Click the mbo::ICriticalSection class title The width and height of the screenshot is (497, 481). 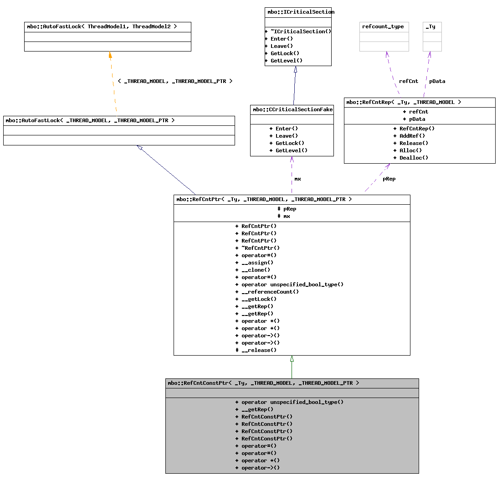pos(298,12)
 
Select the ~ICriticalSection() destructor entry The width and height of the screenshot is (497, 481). pos(298,31)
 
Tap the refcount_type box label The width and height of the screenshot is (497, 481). pos(383,26)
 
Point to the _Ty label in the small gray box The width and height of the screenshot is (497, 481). pos(430,26)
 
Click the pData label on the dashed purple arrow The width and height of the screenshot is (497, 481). pos(437,81)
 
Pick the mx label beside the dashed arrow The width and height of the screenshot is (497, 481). pos(297,179)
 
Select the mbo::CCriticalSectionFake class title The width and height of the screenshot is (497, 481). pos(292,109)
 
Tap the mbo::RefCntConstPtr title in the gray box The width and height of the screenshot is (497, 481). pos(263,383)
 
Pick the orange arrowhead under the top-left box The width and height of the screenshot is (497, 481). pos(110,55)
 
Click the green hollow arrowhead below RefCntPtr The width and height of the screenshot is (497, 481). pos(292,359)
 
